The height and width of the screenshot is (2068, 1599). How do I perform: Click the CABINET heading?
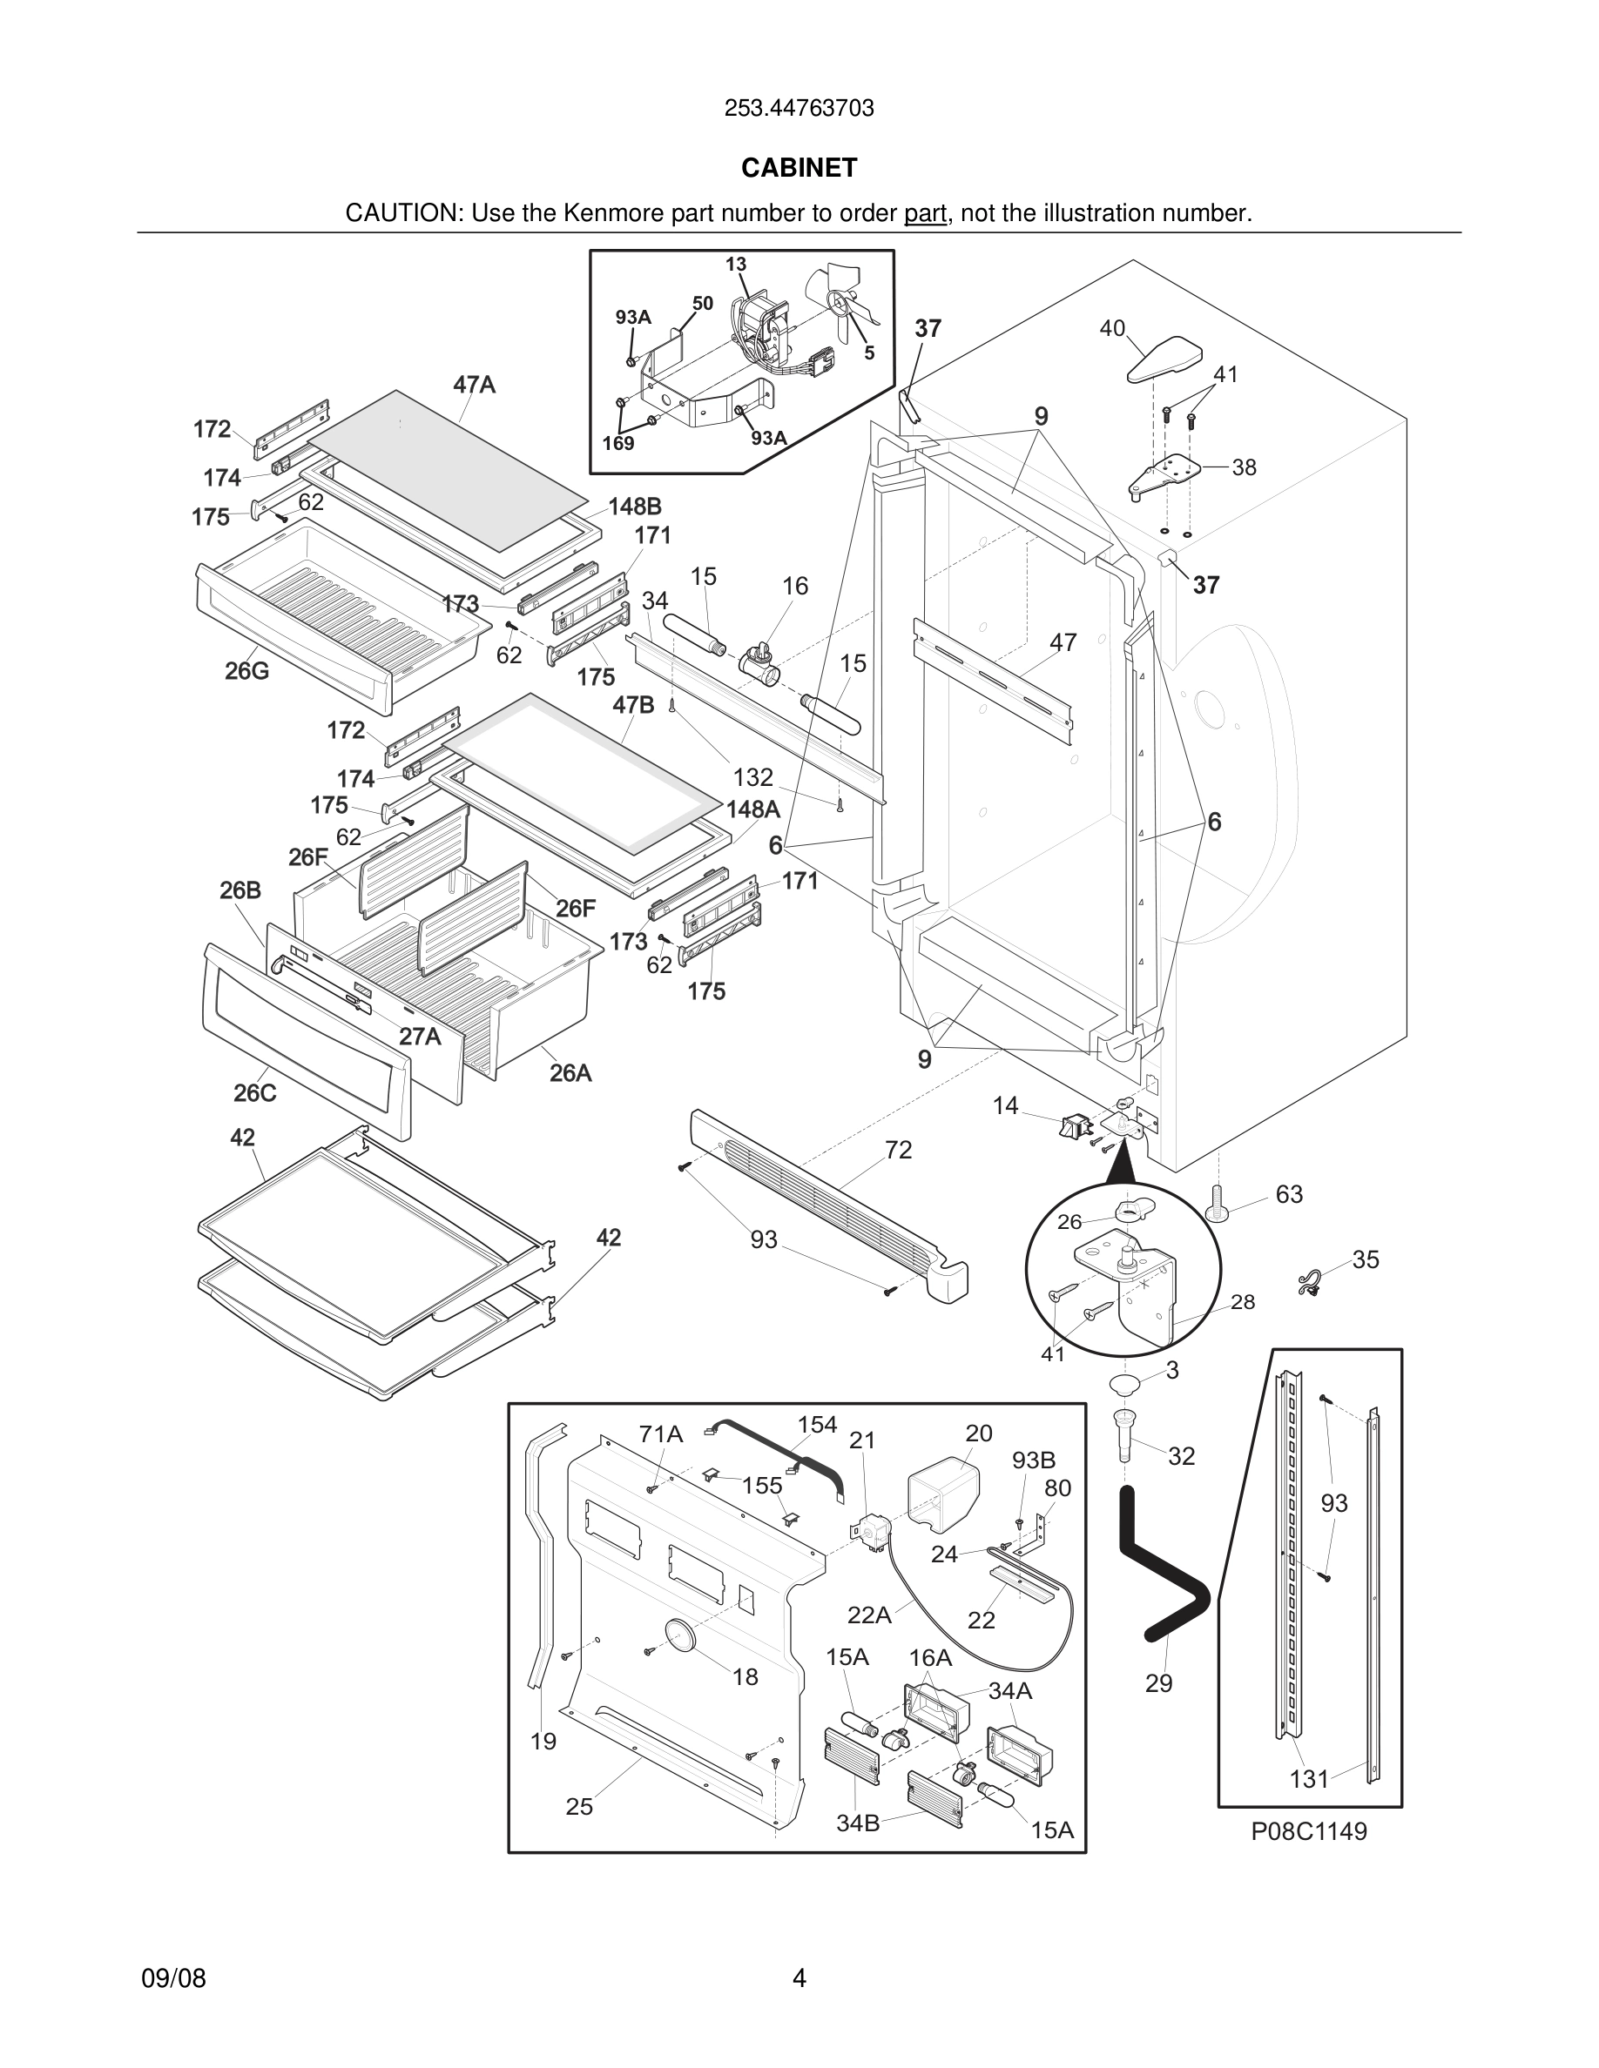[x=799, y=168]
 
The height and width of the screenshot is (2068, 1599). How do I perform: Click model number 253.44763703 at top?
[x=799, y=108]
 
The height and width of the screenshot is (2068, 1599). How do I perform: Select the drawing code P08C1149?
[x=1309, y=1831]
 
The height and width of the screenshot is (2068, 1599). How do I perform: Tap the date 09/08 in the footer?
[x=173, y=1978]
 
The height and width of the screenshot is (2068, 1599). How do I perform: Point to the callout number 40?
[x=1112, y=329]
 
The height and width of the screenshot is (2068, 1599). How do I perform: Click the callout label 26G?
[x=246, y=671]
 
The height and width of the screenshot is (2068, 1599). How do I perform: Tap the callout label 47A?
[x=474, y=385]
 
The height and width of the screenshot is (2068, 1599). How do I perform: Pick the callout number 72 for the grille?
[x=898, y=1150]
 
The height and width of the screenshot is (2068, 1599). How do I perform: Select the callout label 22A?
[x=868, y=1615]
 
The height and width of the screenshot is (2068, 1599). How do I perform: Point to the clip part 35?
[x=1310, y=1283]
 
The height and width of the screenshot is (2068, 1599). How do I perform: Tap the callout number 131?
[x=1309, y=1779]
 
